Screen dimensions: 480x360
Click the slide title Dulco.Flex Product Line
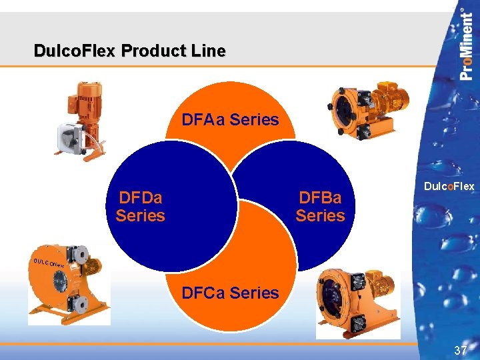tap(130, 51)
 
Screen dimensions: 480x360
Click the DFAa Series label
tap(230, 120)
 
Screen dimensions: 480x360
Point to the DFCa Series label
tap(230, 293)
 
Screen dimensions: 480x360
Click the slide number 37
tap(460, 350)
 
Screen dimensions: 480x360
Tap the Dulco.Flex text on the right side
tap(449, 187)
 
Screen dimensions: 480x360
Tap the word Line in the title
tap(210, 51)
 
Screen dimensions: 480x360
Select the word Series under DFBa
tap(320, 216)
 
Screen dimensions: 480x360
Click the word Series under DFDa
tap(140, 216)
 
